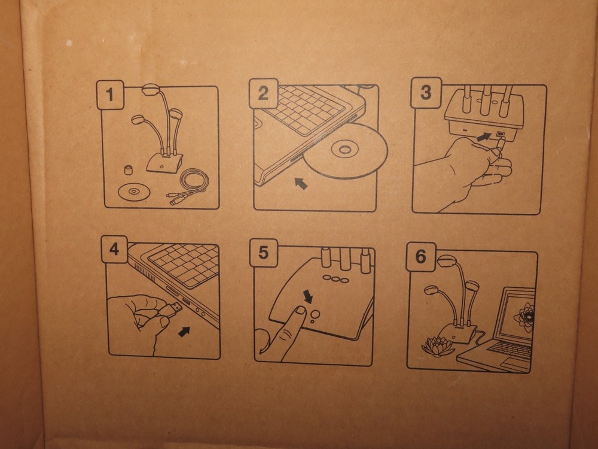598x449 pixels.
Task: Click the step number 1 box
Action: (110, 95)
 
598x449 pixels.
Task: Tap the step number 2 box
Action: (263, 93)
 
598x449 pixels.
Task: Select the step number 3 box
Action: (426, 93)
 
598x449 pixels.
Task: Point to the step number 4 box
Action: (114, 249)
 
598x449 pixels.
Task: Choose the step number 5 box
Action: (263, 253)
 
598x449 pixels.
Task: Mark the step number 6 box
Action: (420, 257)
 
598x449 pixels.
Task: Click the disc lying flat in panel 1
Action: (134, 191)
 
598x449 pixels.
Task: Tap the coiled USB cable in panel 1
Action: (190, 186)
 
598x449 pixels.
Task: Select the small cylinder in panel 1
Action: (128, 169)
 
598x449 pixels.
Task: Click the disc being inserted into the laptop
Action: (345, 151)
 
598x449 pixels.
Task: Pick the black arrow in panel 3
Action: (484, 136)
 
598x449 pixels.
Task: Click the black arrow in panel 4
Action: (184, 331)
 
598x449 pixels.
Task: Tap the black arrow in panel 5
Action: (308, 296)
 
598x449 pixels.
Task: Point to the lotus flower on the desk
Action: (438, 346)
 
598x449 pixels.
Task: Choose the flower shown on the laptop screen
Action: (524, 317)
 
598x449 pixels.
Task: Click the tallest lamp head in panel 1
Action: (151, 90)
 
